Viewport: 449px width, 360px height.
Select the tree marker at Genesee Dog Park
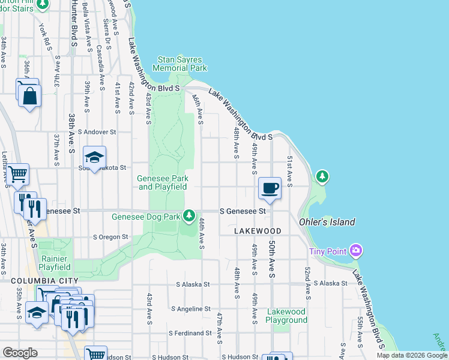coord(190,215)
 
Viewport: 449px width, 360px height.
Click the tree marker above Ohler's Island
coord(323,176)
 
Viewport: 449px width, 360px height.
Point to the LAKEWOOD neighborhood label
coord(258,231)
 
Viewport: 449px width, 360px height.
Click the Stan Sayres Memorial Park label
coord(180,64)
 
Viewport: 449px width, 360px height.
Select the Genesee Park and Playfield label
coord(163,182)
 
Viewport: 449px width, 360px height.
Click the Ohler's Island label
coord(327,222)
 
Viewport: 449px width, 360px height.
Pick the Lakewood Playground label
coord(286,316)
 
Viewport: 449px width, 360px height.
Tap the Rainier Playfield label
coord(55,263)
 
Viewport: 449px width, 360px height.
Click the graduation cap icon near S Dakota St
coord(94,157)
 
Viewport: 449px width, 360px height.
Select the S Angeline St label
coord(190,309)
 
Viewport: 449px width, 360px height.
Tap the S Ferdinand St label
coord(190,333)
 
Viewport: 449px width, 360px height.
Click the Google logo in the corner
coord(20,353)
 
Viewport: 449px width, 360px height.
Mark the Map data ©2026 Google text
coord(412,355)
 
